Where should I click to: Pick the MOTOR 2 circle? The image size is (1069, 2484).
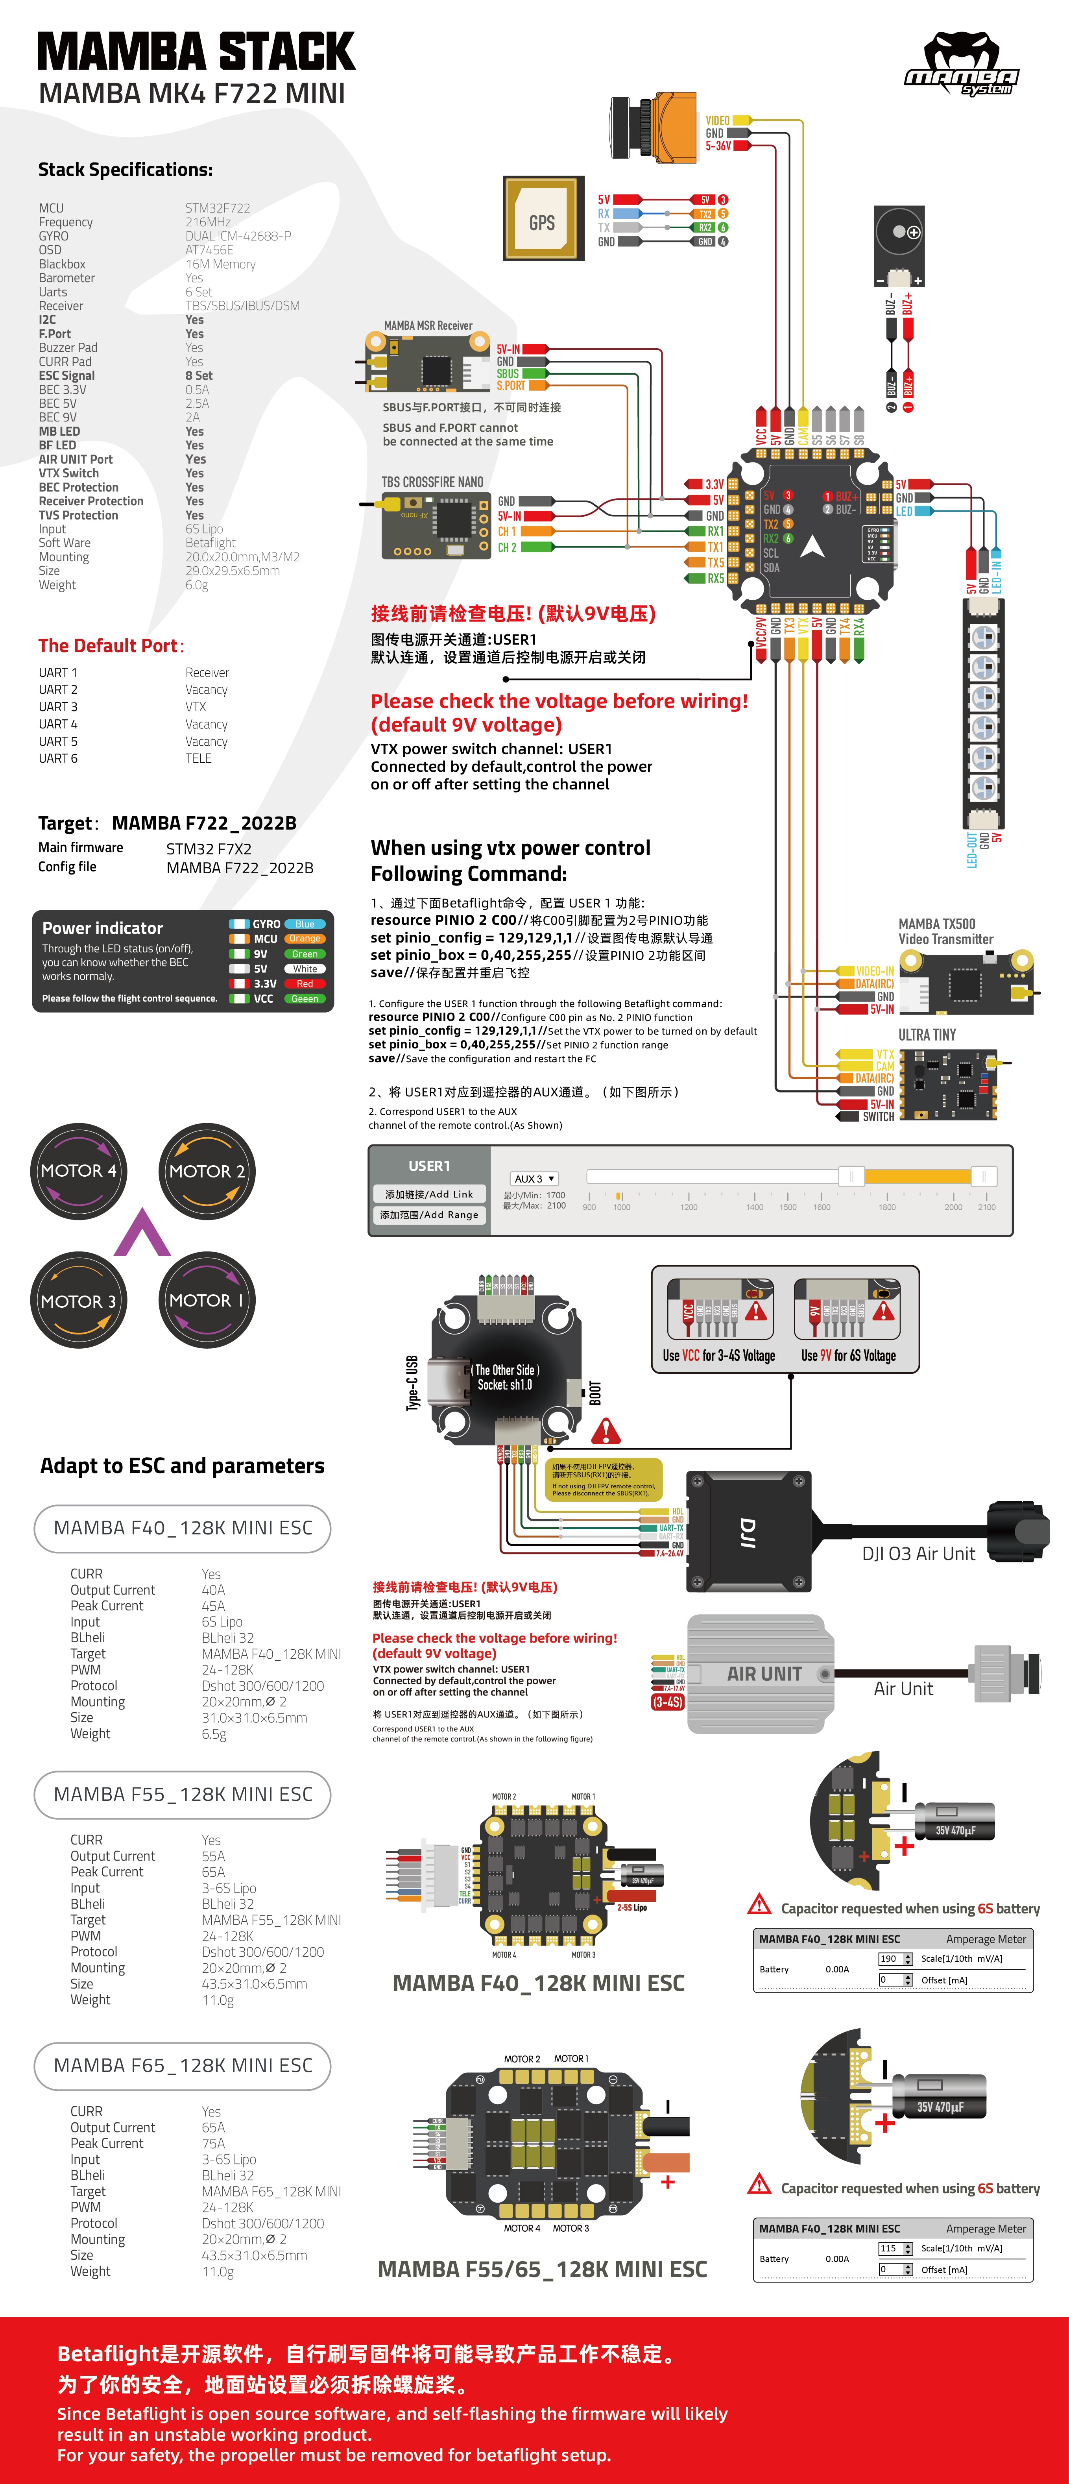click(x=207, y=1171)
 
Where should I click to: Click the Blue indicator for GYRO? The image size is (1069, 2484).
click(x=305, y=924)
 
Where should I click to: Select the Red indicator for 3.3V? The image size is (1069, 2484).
click(x=305, y=983)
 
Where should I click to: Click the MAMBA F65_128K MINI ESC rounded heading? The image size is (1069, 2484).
click(x=182, y=2066)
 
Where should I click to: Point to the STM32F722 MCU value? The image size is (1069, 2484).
click(x=218, y=208)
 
